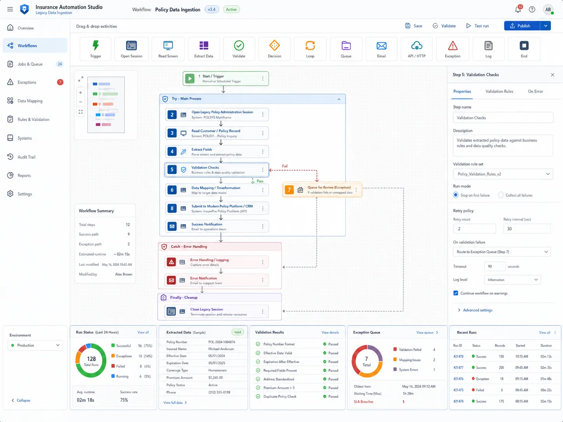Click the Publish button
point(522,26)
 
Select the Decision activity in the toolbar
point(274,49)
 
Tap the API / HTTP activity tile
point(416,49)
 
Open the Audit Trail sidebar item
point(26,157)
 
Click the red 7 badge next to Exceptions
point(60,82)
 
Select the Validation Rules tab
point(499,91)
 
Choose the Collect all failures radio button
point(501,195)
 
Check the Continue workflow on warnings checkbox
point(456,293)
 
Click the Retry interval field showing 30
point(526,229)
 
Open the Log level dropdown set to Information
point(512,280)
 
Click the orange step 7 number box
point(289,190)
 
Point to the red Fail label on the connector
point(285,166)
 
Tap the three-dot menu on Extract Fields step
point(263,152)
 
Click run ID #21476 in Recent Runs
point(458,379)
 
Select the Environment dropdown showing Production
point(35,345)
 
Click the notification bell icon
point(518,10)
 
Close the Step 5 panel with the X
point(553,75)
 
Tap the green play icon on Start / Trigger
point(190,78)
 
